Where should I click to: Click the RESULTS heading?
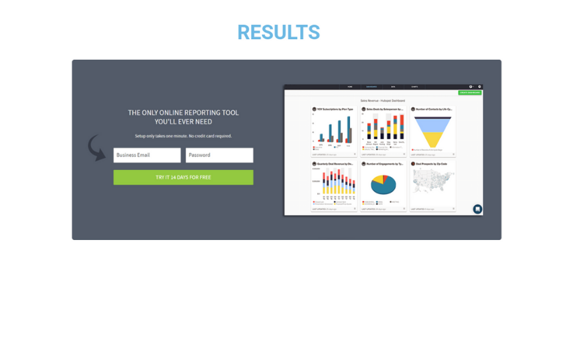coord(279,32)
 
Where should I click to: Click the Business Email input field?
coord(147,155)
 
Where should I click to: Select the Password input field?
coord(219,155)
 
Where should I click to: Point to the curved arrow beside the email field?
coord(97,147)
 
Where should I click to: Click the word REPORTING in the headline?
coord(202,112)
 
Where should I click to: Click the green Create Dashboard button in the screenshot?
coord(470,93)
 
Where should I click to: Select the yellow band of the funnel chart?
coord(433,140)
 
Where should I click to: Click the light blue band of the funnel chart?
coord(433,124)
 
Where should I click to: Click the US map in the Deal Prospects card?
coord(432,182)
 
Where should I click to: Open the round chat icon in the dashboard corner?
coord(477,209)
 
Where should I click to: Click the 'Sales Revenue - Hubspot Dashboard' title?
coord(383,100)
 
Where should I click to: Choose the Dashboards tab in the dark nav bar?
coord(371,87)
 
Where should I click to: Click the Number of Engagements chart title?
coord(384,164)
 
